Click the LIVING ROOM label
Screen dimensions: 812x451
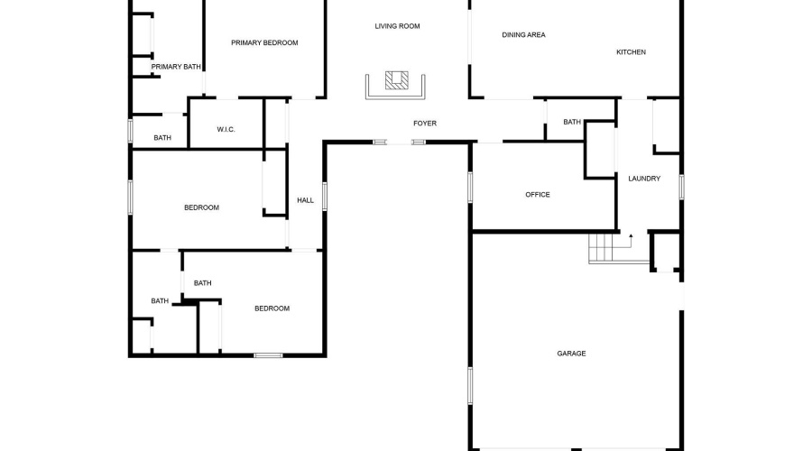coord(397,26)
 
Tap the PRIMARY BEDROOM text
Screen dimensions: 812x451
coord(264,43)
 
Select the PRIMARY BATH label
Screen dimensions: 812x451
coord(176,67)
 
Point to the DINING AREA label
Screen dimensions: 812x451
coord(523,34)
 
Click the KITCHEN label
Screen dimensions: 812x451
coord(631,51)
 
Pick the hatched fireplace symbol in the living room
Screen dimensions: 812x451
coord(397,80)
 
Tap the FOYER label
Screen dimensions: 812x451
coord(425,124)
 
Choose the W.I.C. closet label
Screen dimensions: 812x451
coord(226,130)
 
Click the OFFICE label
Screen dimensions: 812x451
coord(538,195)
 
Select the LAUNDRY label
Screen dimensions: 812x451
coord(644,179)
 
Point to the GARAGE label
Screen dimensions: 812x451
coord(571,354)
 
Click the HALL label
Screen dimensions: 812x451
coord(306,200)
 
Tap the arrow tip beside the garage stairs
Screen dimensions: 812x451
coord(631,235)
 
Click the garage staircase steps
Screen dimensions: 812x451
coord(604,248)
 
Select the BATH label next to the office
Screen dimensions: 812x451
coord(572,122)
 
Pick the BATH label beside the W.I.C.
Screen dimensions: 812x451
coord(162,138)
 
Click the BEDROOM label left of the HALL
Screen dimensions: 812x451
coord(201,207)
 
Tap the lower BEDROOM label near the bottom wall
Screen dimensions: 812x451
coord(272,308)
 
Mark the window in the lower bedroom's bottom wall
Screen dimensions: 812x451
coord(268,355)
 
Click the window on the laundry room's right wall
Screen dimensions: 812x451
coord(681,187)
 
